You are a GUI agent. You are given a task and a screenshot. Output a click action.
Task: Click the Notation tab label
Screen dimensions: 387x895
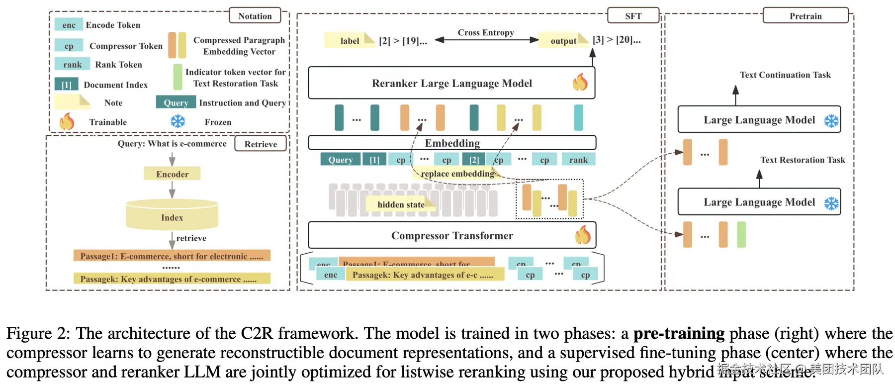[255, 16]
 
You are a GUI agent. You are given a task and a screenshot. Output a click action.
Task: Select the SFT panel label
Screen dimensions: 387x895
[633, 16]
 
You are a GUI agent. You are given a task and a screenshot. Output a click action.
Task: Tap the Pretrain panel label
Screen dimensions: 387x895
[805, 16]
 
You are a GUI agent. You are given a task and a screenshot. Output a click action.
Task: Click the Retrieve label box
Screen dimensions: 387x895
[261, 144]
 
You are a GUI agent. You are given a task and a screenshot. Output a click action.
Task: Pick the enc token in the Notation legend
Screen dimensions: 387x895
[69, 25]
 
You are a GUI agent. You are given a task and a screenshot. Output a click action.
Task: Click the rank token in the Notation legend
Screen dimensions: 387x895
[72, 64]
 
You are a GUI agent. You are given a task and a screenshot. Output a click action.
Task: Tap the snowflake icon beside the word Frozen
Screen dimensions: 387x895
[178, 121]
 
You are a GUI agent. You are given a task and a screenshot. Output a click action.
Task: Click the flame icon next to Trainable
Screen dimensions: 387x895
[67, 121]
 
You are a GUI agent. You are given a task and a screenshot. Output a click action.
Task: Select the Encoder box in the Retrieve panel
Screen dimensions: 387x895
[172, 174]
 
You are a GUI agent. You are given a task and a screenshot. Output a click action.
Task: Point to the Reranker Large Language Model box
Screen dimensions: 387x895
[451, 83]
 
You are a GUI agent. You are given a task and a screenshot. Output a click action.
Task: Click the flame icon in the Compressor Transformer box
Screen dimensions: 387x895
[583, 235]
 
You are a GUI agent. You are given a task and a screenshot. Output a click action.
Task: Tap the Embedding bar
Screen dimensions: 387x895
[451, 143]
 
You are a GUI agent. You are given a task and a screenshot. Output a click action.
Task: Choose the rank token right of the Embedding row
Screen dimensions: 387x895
[578, 160]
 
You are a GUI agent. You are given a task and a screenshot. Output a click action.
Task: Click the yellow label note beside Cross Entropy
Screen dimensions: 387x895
[349, 40]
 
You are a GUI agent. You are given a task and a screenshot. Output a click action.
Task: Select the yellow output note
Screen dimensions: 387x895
[563, 40]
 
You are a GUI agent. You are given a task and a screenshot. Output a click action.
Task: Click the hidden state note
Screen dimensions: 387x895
[400, 204]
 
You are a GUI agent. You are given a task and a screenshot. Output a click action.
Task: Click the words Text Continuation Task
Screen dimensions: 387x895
[785, 75]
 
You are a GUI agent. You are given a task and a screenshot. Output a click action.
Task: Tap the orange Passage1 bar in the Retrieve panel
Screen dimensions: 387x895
[172, 256]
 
